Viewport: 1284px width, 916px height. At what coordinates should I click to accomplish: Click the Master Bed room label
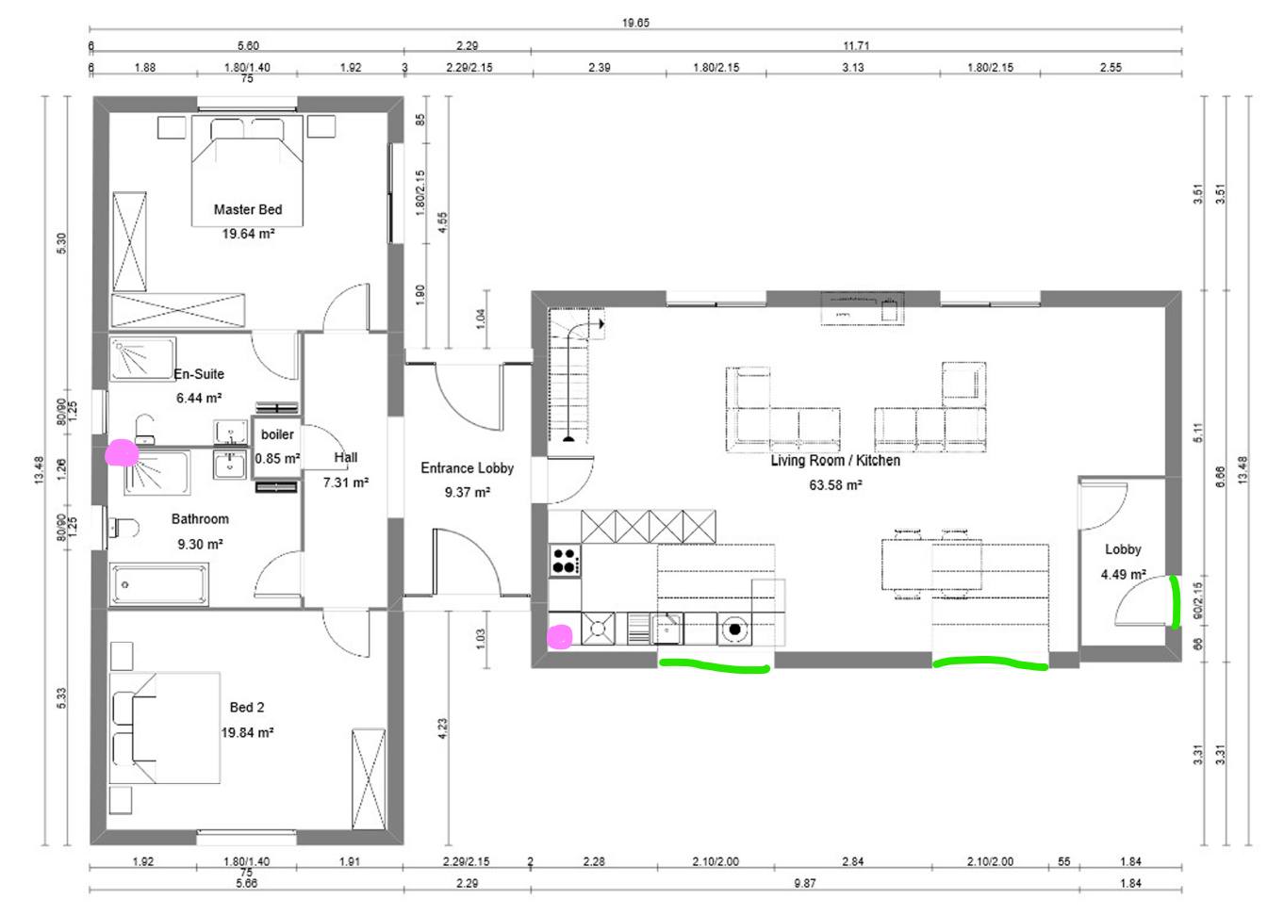(x=248, y=209)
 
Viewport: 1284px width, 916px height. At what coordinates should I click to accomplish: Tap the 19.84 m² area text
(x=247, y=732)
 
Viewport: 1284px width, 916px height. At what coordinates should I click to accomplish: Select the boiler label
(x=277, y=434)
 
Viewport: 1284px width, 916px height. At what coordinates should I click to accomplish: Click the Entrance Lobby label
(x=468, y=468)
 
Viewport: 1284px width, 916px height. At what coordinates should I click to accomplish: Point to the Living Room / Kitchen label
(x=835, y=461)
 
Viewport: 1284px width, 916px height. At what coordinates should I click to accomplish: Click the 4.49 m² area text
(x=1124, y=574)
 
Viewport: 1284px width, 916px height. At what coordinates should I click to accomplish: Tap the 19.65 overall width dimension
(x=635, y=23)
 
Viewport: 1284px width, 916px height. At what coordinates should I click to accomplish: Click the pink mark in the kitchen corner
(x=559, y=636)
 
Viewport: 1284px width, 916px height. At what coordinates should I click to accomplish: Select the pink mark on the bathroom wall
(x=122, y=453)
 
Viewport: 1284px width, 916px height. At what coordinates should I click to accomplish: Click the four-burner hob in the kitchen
(x=565, y=561)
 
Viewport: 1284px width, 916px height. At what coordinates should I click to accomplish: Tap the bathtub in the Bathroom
(x=159, y=584)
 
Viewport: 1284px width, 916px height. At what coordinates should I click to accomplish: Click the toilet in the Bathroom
(x=123, y=527)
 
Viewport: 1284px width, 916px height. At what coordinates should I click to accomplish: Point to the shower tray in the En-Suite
(x=142, y=359)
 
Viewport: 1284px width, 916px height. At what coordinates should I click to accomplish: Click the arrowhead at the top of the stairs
(x=601, y=324)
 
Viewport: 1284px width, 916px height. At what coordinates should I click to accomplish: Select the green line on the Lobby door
(x=1175, y=602)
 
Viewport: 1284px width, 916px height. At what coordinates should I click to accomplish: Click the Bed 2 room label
(x=247, y=708)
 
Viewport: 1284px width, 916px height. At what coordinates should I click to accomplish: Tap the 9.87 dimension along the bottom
(x=805, y=883)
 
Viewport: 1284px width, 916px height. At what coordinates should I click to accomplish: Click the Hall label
(x=346, y=458)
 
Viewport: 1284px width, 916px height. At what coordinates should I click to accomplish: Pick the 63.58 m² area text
(x=835, y=485)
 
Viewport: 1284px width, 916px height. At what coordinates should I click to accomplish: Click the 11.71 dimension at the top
(x=856, y=46)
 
